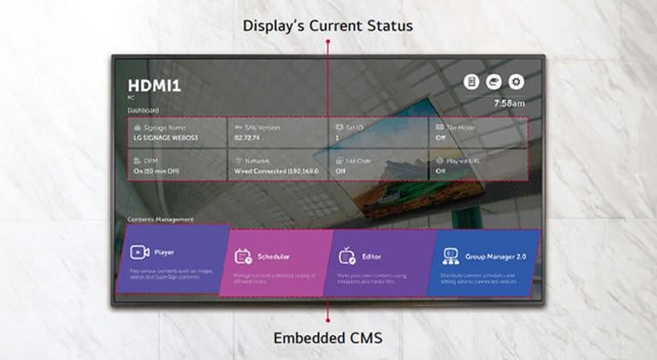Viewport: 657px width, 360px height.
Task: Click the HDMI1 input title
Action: pyautogui.click(x=154, y=86)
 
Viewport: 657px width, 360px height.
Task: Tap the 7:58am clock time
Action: pyautogui.click(x=509, y=103)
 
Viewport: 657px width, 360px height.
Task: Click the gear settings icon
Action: pyautogui.click(x=516, y=82)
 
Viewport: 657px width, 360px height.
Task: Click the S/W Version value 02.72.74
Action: pyautogui.click(x=246, y=138)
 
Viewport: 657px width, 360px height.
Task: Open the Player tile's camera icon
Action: pyautogui.click(x=139, y=252)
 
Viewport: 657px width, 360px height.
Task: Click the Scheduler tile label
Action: pyautogui.click(x=273, y=256)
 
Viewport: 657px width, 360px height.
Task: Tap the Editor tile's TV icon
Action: pyautogui.click(x=347, y=255)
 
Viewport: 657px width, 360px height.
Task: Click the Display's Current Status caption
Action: pyautogui.click(x=328, y=26)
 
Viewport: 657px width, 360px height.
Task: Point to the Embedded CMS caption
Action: pyautogui.click(x=328, y=338)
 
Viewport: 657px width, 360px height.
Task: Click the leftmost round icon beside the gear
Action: pyautogui.click(x=471, y=82)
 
